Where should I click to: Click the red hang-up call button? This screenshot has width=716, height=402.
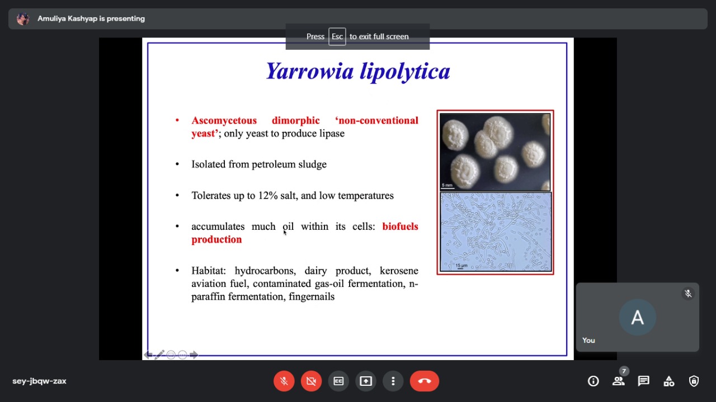point(424,381)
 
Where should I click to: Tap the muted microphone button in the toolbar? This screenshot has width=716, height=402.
point(284,381)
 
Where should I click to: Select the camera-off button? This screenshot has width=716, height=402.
point(311,381)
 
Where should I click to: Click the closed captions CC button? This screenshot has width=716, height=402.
point(338,381)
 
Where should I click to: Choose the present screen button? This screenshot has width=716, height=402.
point(366,381)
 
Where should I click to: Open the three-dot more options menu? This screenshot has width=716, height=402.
point(393,381)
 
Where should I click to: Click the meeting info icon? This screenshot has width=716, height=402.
point(593,381)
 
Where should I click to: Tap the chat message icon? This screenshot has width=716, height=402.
point(643,381)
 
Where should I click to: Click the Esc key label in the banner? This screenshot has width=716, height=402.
point(337,36)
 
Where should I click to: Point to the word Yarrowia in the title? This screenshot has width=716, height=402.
point(310,71)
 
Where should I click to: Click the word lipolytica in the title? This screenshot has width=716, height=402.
point(405,72)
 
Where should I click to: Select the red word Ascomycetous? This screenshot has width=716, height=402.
point(224,120)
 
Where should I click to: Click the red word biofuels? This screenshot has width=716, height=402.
point(400,226)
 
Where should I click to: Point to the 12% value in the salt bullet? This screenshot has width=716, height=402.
point(268,195)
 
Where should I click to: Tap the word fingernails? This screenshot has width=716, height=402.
point(312,296)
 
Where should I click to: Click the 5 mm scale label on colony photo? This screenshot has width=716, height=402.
point(447,185)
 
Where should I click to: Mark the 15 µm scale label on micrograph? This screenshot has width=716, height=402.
point(461,265)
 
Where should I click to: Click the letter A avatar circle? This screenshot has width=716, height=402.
point(637,318)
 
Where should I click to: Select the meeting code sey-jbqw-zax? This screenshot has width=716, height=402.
point(39,381)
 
